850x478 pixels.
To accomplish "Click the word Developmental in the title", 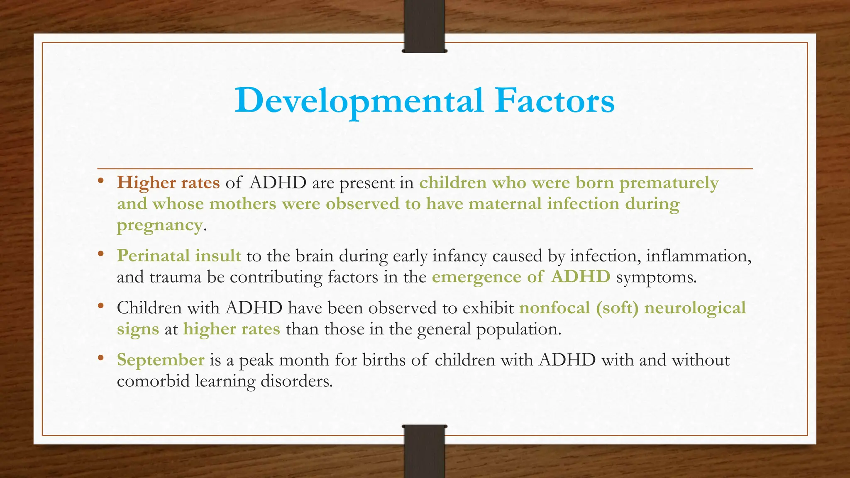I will tap(359, 101).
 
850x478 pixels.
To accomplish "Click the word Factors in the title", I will tap(554, 101).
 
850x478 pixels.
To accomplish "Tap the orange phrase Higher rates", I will tap(168, 183).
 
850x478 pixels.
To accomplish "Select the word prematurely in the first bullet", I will tap(669, 183).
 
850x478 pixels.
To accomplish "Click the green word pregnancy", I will tap(160, 225).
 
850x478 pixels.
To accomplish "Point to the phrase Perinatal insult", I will tap(178, 256).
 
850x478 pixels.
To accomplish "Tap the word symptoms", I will tap(656, 277).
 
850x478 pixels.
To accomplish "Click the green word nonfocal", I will tap(554, 308).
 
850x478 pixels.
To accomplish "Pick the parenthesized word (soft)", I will tap(617, 308).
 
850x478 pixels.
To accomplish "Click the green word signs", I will tap(138, 329).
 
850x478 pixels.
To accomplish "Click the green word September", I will tap(160, 360).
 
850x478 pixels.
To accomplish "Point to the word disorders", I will tap(296, 381).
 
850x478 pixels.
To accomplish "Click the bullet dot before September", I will tap(100, 358).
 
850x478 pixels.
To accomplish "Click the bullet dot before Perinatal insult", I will tap(100, 254).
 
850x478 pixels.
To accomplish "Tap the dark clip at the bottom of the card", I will tap(424, 452).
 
